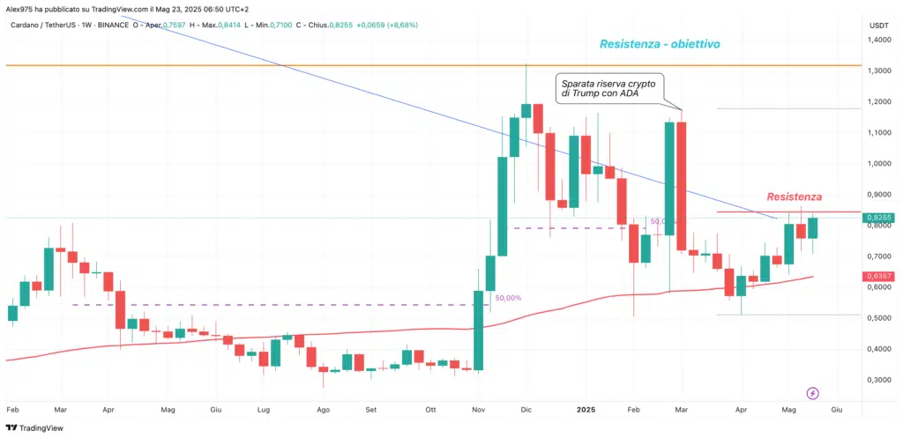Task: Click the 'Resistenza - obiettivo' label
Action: [x=664, y=44]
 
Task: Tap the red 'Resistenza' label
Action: [x=794, y=196]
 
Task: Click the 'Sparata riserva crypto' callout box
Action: [x=609, y=88]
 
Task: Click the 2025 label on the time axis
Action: [x=586, y=410]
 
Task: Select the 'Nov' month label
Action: [x=479, y=410]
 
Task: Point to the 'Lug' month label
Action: [x=263, y=410]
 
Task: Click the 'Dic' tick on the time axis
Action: [x=527, y=410]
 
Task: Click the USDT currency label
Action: [x=878, y=26]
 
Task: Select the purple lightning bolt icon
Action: [x=813, y=393]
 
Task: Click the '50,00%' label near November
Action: [x=507, y=298]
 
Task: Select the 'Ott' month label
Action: [x=430, y=410]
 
